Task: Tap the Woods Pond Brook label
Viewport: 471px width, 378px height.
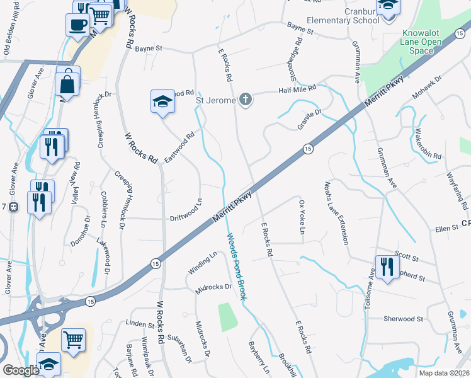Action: [235, 266]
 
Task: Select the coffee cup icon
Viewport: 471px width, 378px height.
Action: [77, 25]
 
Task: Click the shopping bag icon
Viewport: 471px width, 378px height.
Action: [67, 83]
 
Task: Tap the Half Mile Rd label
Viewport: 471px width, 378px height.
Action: [297, 89]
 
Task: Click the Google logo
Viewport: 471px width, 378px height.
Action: [21, 369]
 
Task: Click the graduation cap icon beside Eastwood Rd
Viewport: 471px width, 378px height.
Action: [162, 101]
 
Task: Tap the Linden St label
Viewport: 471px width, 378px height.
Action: [140, 324]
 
